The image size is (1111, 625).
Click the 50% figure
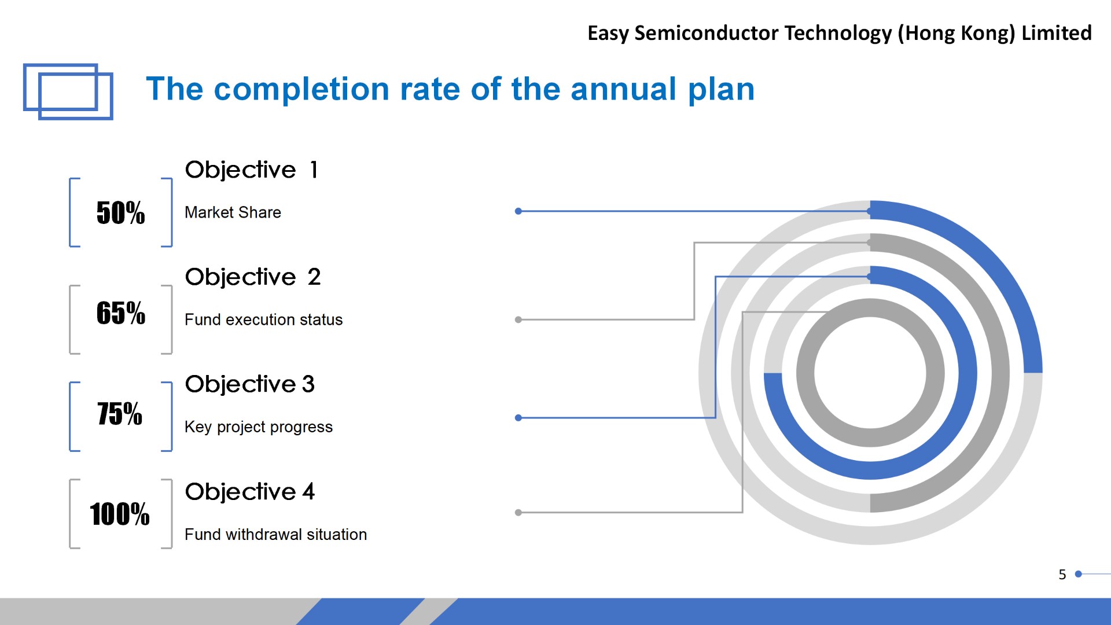[x=120, y=212]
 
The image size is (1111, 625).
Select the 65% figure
[x=120, y=313]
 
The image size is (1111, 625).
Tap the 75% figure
[x=120, y=414]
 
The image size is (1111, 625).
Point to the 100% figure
[x=120, y=514]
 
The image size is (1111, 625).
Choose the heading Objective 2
[x=253, y=277]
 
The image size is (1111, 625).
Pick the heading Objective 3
[x=250, y=384]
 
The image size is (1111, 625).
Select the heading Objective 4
[x=250, y=492]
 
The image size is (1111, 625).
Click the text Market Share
[x=233, y=212]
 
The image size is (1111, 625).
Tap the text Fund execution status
[x=263, y=319]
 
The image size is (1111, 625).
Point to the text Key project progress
[x=259, y=427]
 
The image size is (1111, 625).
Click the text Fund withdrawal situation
[x=275, y=534]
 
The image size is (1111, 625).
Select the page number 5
[x=1062, y=575]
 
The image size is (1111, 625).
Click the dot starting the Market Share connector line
[x=518, y=211]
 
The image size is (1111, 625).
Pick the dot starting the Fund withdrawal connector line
[x=518, y=512]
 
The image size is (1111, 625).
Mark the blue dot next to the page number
[x=1078, y=574]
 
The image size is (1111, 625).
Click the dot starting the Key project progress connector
[x=518, y=417]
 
